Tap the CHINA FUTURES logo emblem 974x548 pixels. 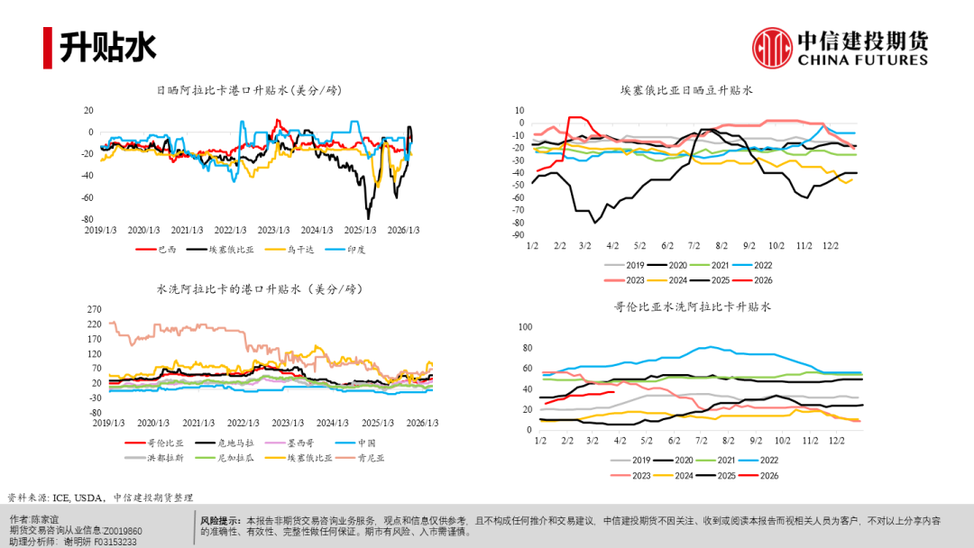coord(773,48)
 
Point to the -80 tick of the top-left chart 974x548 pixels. coord(87,219)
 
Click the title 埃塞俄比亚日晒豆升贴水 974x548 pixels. coord(686,91)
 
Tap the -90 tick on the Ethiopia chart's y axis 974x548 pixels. coord(519,235)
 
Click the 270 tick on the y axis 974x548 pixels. coord(93,308)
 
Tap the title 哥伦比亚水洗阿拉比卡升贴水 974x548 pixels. coord(693,307)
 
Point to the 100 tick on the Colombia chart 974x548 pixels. coord(526,327)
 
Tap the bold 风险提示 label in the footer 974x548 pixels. coord(220,520)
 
